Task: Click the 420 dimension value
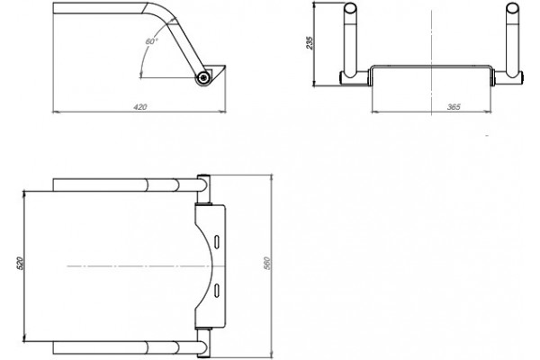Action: coord(140,107)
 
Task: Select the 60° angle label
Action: coord(152,41)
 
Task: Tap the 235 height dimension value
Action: coord(310,43)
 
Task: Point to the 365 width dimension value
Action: coord(454,107)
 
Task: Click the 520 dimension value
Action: coord(20,263)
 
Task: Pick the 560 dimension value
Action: coord(267,263)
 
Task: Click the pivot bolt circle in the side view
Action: coord(204,77)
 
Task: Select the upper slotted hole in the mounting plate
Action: coord(217,242)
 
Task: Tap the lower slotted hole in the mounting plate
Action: coord(217,290)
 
